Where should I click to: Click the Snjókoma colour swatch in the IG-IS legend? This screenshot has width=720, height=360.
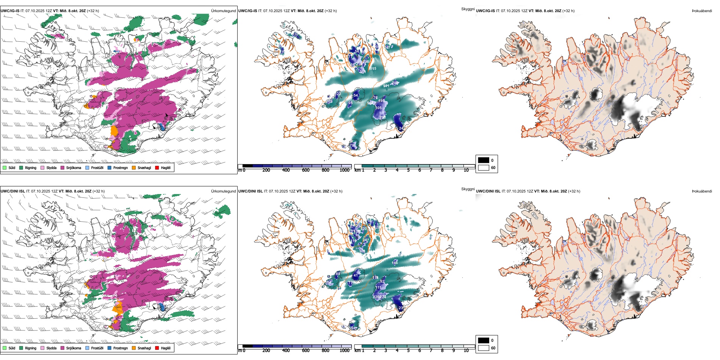click(x=63, y=167)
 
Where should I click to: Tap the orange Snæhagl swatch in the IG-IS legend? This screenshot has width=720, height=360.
click(x=134, y=167)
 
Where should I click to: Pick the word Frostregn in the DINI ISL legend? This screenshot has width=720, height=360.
click(x=121, y=348)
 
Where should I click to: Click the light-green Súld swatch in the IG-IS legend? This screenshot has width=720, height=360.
click(x=5, y=167)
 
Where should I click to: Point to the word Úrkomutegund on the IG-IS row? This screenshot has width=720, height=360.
click(x=223, y=11)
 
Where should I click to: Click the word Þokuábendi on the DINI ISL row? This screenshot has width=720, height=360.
click(x=702, y=191)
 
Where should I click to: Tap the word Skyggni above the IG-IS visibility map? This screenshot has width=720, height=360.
click(x=468, y=9)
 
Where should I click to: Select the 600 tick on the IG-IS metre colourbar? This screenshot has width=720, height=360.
click(x=305, y=170)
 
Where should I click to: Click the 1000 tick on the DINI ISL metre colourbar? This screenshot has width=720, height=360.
click(x=344, y=351)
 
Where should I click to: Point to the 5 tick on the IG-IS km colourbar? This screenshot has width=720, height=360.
click(x=408, y=170)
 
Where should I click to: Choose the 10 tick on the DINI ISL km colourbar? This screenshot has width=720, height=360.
click(x=466, y=351)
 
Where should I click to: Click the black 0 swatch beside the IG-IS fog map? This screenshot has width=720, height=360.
click(x=484, y=160)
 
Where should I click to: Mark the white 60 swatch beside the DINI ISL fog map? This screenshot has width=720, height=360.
click(x=484, y=348)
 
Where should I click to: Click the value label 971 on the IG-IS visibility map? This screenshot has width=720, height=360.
click(x=386, y=86)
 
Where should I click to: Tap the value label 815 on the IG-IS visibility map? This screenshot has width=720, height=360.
click(x=373, y=69)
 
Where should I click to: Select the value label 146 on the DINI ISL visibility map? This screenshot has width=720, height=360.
click(x=395, y=263)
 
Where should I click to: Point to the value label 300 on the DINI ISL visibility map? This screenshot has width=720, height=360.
click(x=362, y=251)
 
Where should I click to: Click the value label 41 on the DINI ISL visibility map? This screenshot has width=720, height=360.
click(x=355, y=275)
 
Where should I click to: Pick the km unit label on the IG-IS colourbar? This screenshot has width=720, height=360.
click(x=357, y=170)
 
